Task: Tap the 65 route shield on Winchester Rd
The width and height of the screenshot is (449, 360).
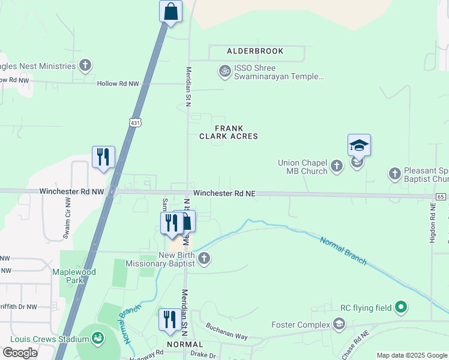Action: click(x=441, y=197)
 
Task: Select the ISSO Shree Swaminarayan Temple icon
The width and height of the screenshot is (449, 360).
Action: click(x=225, y=71)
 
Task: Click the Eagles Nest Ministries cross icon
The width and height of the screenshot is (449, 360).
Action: click(x=85, y=65)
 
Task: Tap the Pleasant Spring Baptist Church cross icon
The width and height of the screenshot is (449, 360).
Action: click(x=394, y=174)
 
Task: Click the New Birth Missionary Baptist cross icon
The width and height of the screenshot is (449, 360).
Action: click(x=204, y=259)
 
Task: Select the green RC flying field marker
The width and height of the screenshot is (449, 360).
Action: click(x=400, y=308)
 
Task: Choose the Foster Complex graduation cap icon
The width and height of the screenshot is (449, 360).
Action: click(x=339, y=325)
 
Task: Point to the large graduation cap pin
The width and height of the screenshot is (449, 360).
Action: click(x=359, y=145)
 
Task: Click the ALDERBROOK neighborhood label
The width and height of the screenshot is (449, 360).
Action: click(x=255, y=52)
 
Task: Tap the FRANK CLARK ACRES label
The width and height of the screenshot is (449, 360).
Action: click(x=229, y=133)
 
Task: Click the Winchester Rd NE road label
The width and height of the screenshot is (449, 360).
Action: click(x=224, y=194)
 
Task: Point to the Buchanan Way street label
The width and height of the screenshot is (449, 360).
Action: click(x=227, y=332)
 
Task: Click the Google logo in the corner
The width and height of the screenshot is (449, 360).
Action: click(x=20, y=353)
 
